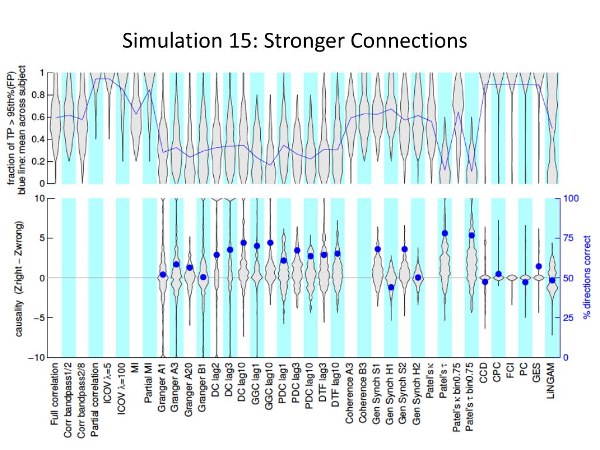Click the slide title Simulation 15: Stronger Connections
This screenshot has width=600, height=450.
pos(295,41)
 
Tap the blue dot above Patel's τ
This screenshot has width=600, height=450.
pos(445,233)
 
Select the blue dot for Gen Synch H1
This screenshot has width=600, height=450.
pos(391,287)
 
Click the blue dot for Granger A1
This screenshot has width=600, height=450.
pos(163,274)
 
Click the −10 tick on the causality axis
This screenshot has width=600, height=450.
pos(38,357)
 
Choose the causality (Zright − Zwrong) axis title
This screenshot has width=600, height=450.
pos(19,278)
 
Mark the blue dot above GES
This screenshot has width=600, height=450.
pos(539,267)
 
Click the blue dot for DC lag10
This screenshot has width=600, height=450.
pos(243,243)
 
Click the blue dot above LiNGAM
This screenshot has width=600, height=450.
pos(551,281)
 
